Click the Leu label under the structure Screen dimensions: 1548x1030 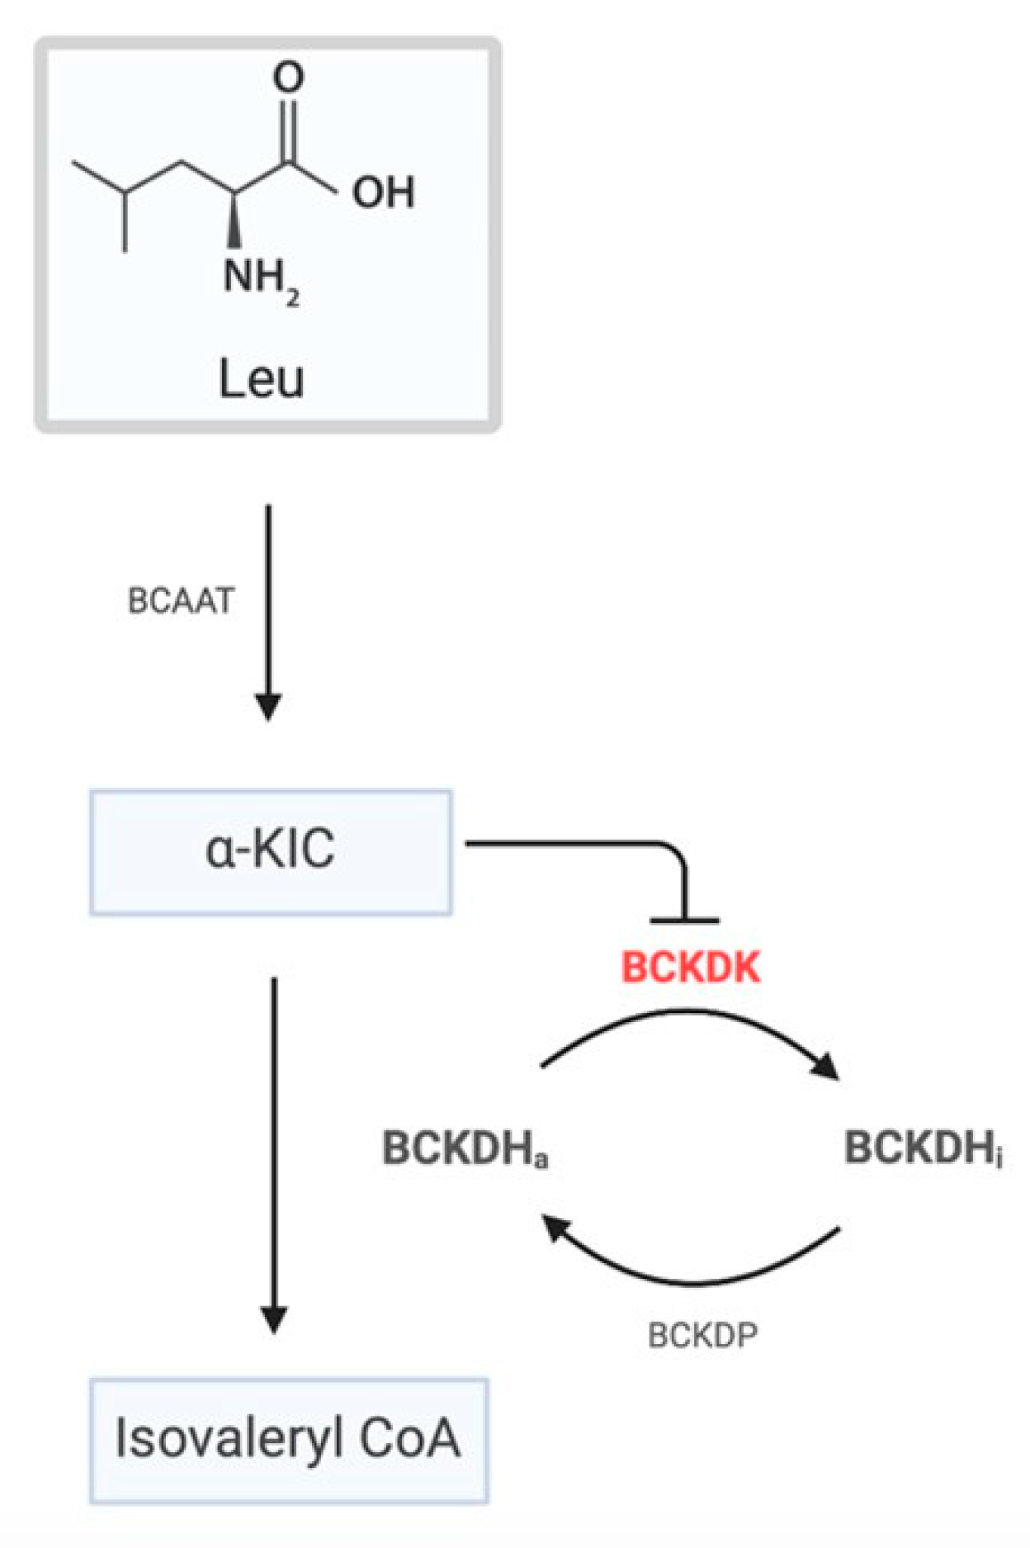click(x=262, y=379)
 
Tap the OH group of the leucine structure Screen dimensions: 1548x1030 click(x=383, y=192)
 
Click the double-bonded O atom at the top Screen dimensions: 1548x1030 click(x=288, y=77)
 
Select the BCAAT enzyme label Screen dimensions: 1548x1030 click(x=182, y=601)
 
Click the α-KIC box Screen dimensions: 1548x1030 click(x=271, y=851)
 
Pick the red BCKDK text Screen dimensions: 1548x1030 click(x=690, y=967)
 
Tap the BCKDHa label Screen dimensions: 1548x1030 click(x=465, y=1148)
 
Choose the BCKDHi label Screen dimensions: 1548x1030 click(x=923, y=1148)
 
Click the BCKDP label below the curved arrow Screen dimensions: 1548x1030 click(x=702, y=1335)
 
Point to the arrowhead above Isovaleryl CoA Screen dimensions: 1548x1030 click(x=274, y=1319)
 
